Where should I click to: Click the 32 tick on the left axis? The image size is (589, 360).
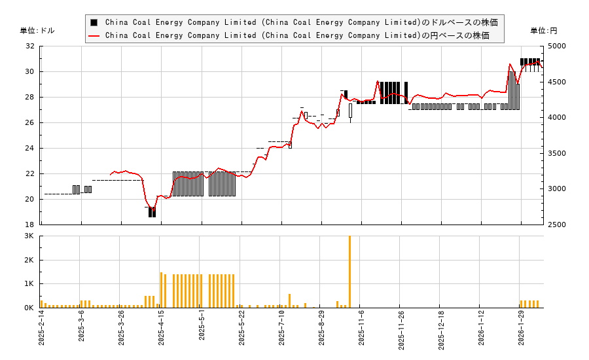[x=30, y=46]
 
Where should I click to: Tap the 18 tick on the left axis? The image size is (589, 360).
[x=30, y=225]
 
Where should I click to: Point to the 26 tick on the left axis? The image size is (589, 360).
[x=30, y=122]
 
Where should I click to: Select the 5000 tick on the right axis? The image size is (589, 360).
[x=557, y=46]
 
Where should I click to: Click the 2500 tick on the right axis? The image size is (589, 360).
[x=557, y=225]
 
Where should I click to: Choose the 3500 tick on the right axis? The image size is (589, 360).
[x=557, y=153]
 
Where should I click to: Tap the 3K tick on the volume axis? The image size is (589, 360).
[x=29, y=236]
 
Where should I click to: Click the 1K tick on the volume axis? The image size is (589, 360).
[x=29, y=284]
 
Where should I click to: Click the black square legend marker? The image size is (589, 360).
[x=94, y=22]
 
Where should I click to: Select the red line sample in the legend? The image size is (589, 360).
[x=94, y=35]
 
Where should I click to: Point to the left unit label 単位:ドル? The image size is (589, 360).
[x=37, y=31]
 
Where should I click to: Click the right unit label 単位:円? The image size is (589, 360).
[x=543, y=31]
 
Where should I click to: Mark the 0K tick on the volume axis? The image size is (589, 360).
[x=29, y=308]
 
